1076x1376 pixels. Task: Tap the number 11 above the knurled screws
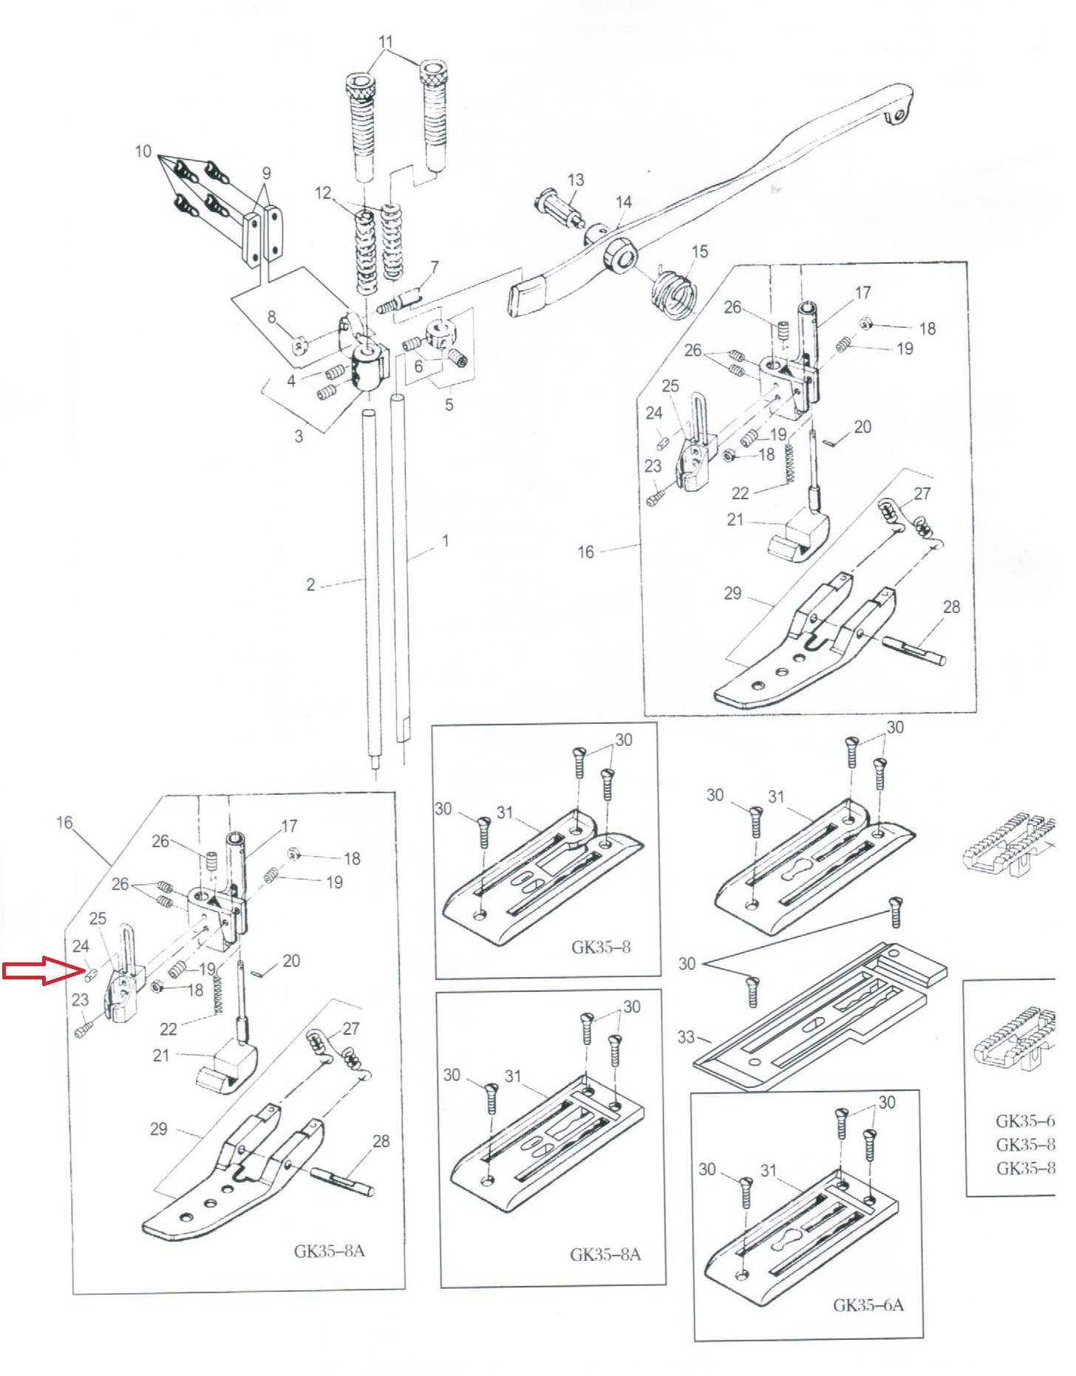[385, 42]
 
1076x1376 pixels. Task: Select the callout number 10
[143, 151]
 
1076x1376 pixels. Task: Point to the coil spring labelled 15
[673, 294]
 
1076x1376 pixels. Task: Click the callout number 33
[685, 1037]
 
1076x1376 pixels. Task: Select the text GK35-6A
[868, 1305]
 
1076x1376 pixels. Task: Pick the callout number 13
[576, 179]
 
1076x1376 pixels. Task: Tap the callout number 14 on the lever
[624, 202]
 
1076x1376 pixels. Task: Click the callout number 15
[699, 251]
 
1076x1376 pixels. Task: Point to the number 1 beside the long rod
[445, 541]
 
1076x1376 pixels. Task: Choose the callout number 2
[310, 585]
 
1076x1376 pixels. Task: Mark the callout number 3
[299, 436]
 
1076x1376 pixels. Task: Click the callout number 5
[449, 405]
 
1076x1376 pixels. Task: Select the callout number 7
[434, 267]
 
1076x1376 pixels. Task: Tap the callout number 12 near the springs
[323, 194]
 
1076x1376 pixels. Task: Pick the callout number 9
[266, 173]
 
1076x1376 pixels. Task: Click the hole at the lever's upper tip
[899, 115]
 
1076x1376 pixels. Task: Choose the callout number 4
[291, 381]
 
